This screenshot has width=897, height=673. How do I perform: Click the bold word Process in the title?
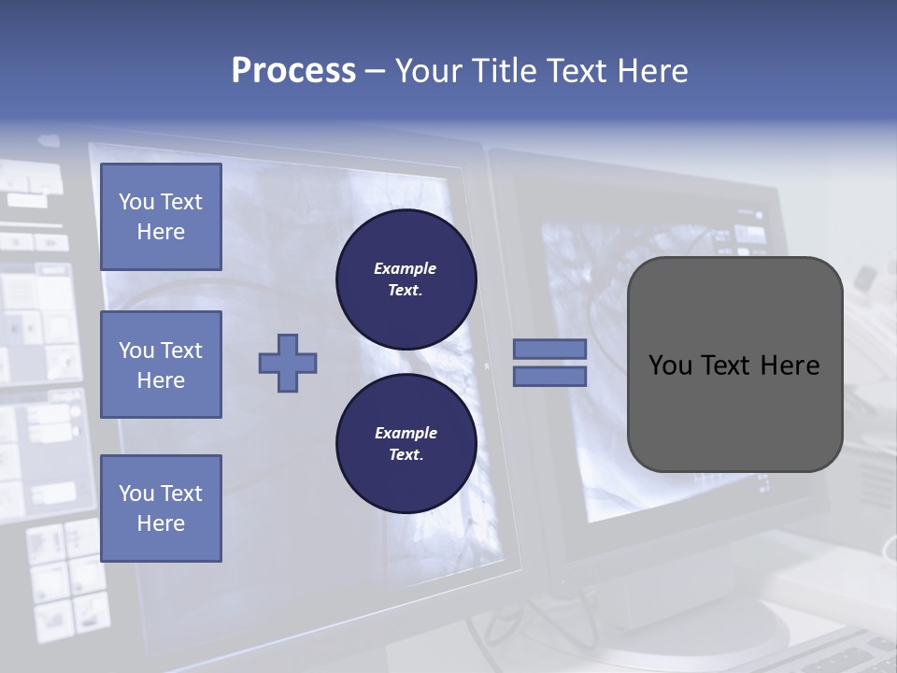tap(293, 71)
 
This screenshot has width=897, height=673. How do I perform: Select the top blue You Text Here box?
tap(161, 217)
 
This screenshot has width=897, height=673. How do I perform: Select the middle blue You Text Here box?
tap(161, 365)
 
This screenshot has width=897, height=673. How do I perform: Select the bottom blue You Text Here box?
tap(161, 508)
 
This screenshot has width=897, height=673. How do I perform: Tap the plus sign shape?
tap(288, 363)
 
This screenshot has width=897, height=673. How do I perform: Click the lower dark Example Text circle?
tap(406, 444)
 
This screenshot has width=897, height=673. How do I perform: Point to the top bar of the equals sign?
tap(550, 349)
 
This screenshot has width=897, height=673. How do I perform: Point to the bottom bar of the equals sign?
tap(550, 376)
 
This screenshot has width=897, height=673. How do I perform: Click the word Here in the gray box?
tap(790, 365)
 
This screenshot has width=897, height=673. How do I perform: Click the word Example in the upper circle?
tap(406, 268)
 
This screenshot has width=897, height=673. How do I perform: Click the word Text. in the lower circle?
tap(406, 455)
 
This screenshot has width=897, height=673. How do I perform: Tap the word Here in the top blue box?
tap(161, 232)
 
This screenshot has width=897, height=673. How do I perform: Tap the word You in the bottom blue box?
tap(136, 494)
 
